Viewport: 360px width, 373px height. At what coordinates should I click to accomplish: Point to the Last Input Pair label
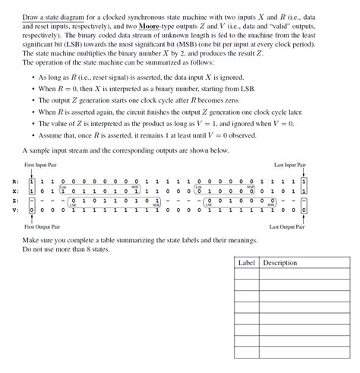coord(290,164)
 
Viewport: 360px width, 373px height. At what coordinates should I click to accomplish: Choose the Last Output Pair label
coord(288,226)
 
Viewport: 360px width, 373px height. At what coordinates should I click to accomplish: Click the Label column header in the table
coord(246,263)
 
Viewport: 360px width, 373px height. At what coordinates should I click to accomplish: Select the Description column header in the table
coord(280,263)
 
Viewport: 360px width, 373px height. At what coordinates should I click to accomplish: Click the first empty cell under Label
coord(246,276)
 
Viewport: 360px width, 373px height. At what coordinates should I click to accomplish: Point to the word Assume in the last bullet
coord(49,135)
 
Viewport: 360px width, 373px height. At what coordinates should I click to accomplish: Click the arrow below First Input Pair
coord(31,172)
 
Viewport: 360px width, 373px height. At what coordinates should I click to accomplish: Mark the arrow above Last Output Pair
coord(304,220)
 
